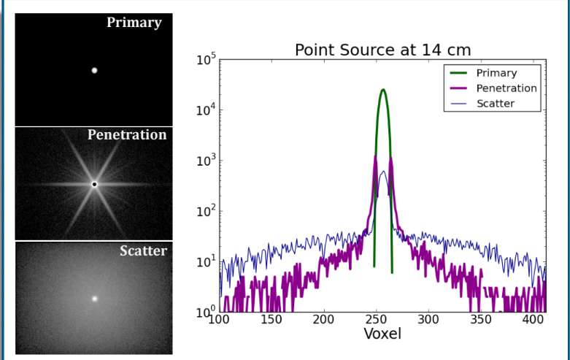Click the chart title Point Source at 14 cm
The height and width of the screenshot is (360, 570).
pos(382,50)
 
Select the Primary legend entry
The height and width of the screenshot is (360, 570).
pos(496,73)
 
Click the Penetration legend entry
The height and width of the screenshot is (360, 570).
pos(507,88)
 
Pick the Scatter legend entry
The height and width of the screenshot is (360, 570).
pos(496,104)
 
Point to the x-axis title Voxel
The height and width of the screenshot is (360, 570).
pos(382,334)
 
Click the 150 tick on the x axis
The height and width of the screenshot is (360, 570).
pos(271,320)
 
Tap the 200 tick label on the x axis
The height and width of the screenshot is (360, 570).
pos(324,320)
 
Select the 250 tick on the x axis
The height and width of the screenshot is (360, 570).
pos(376,320)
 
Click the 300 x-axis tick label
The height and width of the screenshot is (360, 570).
pos(428,320)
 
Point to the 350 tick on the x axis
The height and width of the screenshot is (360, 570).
pos(481,320)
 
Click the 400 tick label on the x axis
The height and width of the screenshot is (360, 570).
pos(534,320)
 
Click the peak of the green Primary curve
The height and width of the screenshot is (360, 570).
pos(383,90)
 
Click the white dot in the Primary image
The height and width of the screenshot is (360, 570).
pos(94,71)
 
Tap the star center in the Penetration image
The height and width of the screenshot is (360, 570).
pos(94,184)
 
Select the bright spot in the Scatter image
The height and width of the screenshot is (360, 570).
pos(94,299)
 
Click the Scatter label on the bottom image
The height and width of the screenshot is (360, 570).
pos(144,251)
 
